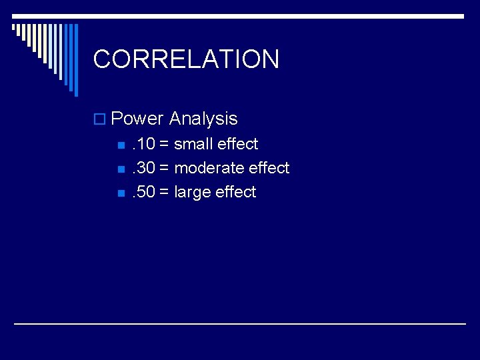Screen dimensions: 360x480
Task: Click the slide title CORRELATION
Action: pos(186,59)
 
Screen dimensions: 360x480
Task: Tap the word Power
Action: pos(137,119)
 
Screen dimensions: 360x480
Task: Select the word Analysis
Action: pos(203,119)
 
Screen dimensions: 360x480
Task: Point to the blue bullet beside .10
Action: pos(120,145)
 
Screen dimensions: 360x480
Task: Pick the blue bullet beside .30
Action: pos(120,169)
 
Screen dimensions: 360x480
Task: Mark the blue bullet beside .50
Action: pos(120,193)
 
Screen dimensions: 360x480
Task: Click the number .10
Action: pos(143,144)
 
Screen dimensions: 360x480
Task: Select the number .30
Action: pos(143,168)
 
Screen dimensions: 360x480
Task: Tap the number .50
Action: pos(143,192)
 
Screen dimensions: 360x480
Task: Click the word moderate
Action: pos(209,168)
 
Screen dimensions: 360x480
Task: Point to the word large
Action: pos(193,193)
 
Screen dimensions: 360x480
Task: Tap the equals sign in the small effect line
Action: pos(164,144)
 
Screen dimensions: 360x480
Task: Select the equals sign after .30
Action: pos(164,168)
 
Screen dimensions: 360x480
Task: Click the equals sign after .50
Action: pos(164,192)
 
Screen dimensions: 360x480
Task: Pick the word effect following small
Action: pos(237,144)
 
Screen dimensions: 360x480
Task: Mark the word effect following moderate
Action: pos(269,168)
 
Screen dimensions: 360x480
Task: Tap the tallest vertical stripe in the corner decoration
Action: pos(75,60)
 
